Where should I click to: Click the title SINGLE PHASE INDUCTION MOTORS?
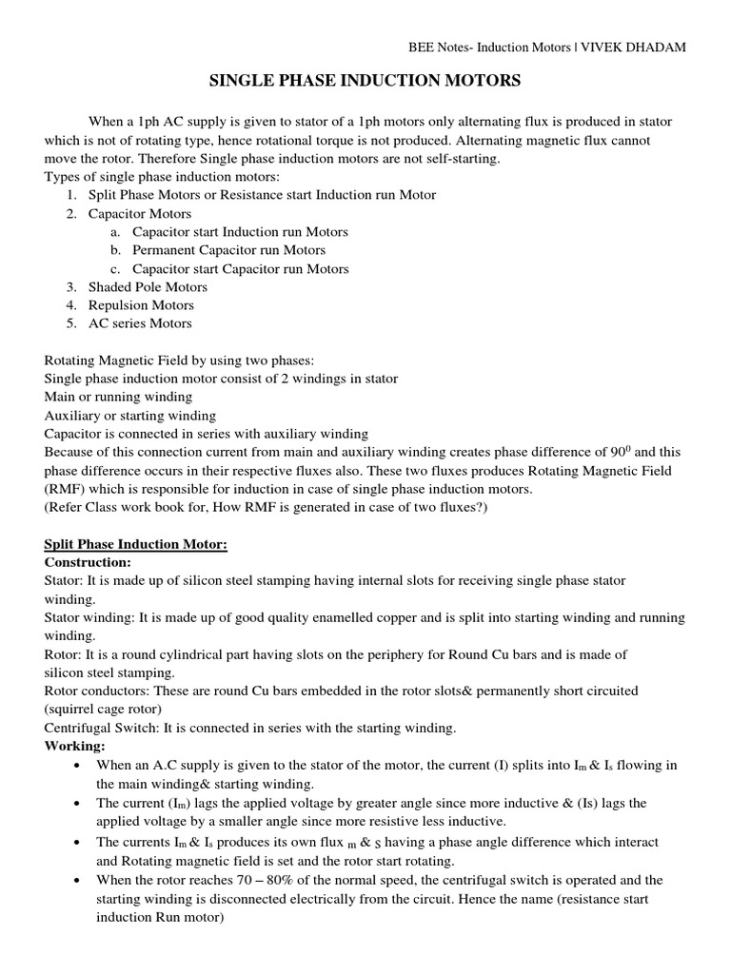click(365, 82)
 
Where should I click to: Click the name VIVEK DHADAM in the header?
click(641, 47)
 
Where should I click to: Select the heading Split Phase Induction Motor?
click(136, 544)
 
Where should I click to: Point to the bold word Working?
click(75, 747)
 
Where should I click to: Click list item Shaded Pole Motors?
click(148, 287)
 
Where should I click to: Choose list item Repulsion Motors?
click(141, 305)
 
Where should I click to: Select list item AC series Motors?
click(140, 323)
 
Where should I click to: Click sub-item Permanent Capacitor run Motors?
click(228, 250)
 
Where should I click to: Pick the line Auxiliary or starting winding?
click(130, 416)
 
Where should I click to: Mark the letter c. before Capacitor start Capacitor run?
click(115, 269)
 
